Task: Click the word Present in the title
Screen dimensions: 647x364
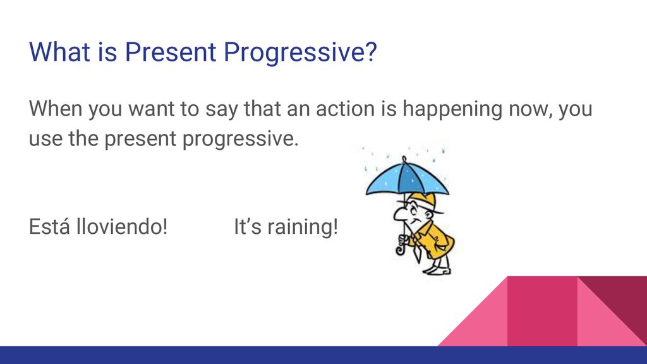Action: [171, 52]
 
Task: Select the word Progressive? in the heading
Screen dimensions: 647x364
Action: [300, 53]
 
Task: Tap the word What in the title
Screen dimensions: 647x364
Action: [59, 52]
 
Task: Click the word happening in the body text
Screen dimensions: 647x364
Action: [452, 109]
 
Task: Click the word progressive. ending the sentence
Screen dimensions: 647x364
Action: [240, 139]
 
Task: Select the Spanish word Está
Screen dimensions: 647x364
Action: [49, 226]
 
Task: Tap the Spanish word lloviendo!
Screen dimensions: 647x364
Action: [122, 227]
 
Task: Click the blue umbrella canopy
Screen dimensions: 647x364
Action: [407, 178]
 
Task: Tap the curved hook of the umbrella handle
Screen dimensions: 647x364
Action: [400, 250]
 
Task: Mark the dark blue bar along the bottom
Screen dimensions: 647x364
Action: [323, 355]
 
